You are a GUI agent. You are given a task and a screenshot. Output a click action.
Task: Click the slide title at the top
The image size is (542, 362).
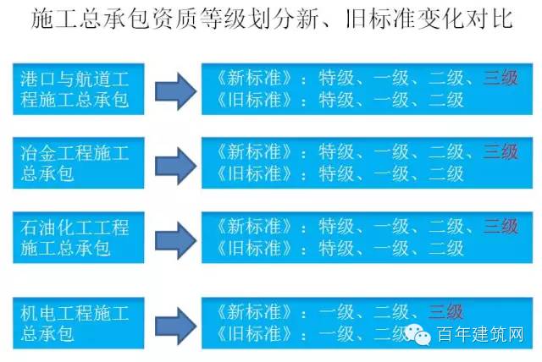271,18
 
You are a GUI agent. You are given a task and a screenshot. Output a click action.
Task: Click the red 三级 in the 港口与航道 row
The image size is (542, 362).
501,80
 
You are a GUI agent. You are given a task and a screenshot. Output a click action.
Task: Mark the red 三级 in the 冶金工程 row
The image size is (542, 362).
501,152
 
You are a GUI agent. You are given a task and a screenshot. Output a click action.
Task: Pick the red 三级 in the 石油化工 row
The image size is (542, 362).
501,226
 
